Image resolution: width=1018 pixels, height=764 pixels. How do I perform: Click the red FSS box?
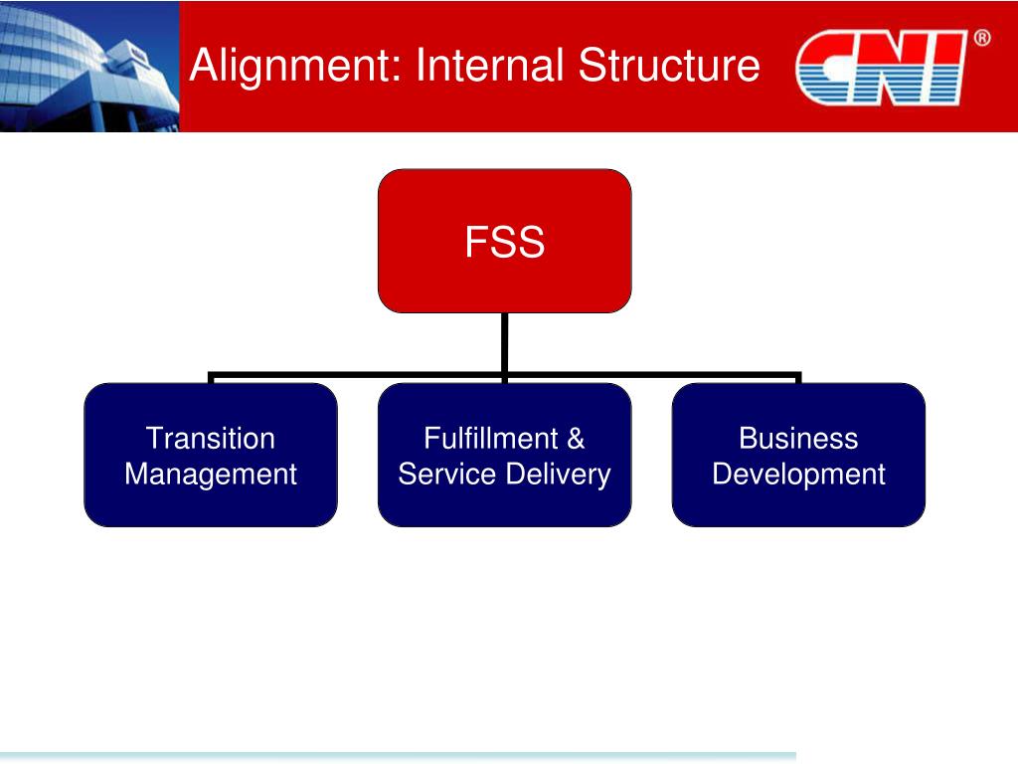(x=504, y=241)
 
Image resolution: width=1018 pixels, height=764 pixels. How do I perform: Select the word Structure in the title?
(x=669, y=66)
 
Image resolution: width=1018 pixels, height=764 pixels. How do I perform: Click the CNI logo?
(x=882, y=68)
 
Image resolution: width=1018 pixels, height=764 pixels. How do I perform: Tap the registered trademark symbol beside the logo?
(x=981, y=39)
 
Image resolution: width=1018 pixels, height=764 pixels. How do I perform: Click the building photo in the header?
(x=89, y=66)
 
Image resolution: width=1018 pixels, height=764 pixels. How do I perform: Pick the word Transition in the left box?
(x=211, y=439)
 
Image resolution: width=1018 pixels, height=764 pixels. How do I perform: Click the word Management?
(x=211, y=474)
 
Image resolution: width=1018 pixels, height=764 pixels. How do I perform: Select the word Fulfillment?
(x=477, y=439)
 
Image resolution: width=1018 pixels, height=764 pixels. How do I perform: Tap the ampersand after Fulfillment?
(x=576, y=439)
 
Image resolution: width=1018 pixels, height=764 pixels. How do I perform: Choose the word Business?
(x=798, y=439)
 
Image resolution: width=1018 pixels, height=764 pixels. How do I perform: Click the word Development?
(x=798, y=474)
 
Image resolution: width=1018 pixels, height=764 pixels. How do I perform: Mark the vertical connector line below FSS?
(x=505, y=343)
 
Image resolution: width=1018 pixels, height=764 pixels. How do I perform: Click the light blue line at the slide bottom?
(x=398, y=756)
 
